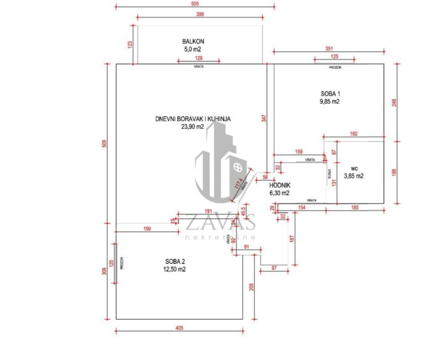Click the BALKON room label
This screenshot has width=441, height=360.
coord(192,41)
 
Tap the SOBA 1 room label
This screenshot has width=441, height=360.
coord(330,94)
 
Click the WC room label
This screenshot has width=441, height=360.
coord(354,168)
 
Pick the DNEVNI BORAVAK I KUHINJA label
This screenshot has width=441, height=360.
coord(192,119)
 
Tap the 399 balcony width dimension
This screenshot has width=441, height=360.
coord(200,15)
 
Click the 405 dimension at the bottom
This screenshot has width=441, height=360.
coord(179,328)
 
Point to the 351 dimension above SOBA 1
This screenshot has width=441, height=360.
coord(328,49)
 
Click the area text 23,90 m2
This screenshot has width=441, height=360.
coord(193,127)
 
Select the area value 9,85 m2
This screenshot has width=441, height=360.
coord(330,102)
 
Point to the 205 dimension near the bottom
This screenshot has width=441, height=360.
coord(251,287)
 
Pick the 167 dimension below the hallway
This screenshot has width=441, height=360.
coord(291,239)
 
